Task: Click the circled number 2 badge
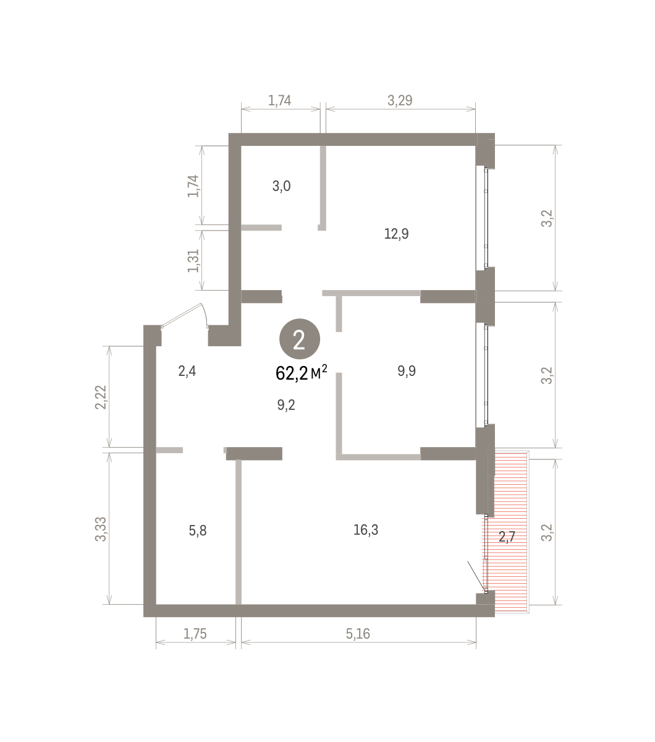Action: click(x=300, y=339)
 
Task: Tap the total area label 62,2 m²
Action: click(x=302, y=373)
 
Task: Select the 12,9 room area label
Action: click(x=396, y=234)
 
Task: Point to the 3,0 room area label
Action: click(x=281, y=186)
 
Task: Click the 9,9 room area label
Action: click(x=407, y=371)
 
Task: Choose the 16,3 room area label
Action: click(x=366, y=529)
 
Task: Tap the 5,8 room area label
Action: click(x=198, y=531)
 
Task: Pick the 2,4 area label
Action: click(x=187, y=372)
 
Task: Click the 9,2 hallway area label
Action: click(x=286, y=405)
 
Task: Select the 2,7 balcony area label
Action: click(x=507, y=537)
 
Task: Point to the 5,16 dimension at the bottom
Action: click(x=358, y=634)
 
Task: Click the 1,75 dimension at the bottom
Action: click(x=195, y=634)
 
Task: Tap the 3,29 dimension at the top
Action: click(x=400, y=100)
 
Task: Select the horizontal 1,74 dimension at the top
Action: click(x=279, y=100)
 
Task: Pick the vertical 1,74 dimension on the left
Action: click(x=193, y=186)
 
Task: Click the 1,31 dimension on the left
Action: click(x=193, y=261)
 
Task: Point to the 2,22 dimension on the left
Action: click(x=101, y=398)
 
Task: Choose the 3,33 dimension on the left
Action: click(x=101, y=529)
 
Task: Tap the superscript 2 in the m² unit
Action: click(x=324, y=368)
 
